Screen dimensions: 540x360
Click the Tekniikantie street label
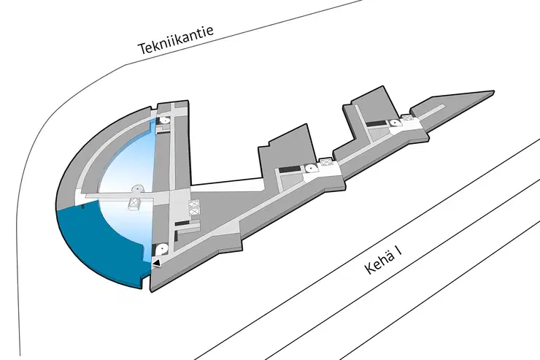176,39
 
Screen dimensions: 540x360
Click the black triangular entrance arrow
157,263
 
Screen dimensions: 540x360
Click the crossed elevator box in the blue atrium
135,203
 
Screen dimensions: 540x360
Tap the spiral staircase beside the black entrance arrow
161,250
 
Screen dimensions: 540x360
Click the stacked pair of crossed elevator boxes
193,208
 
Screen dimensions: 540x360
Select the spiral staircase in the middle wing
311,169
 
